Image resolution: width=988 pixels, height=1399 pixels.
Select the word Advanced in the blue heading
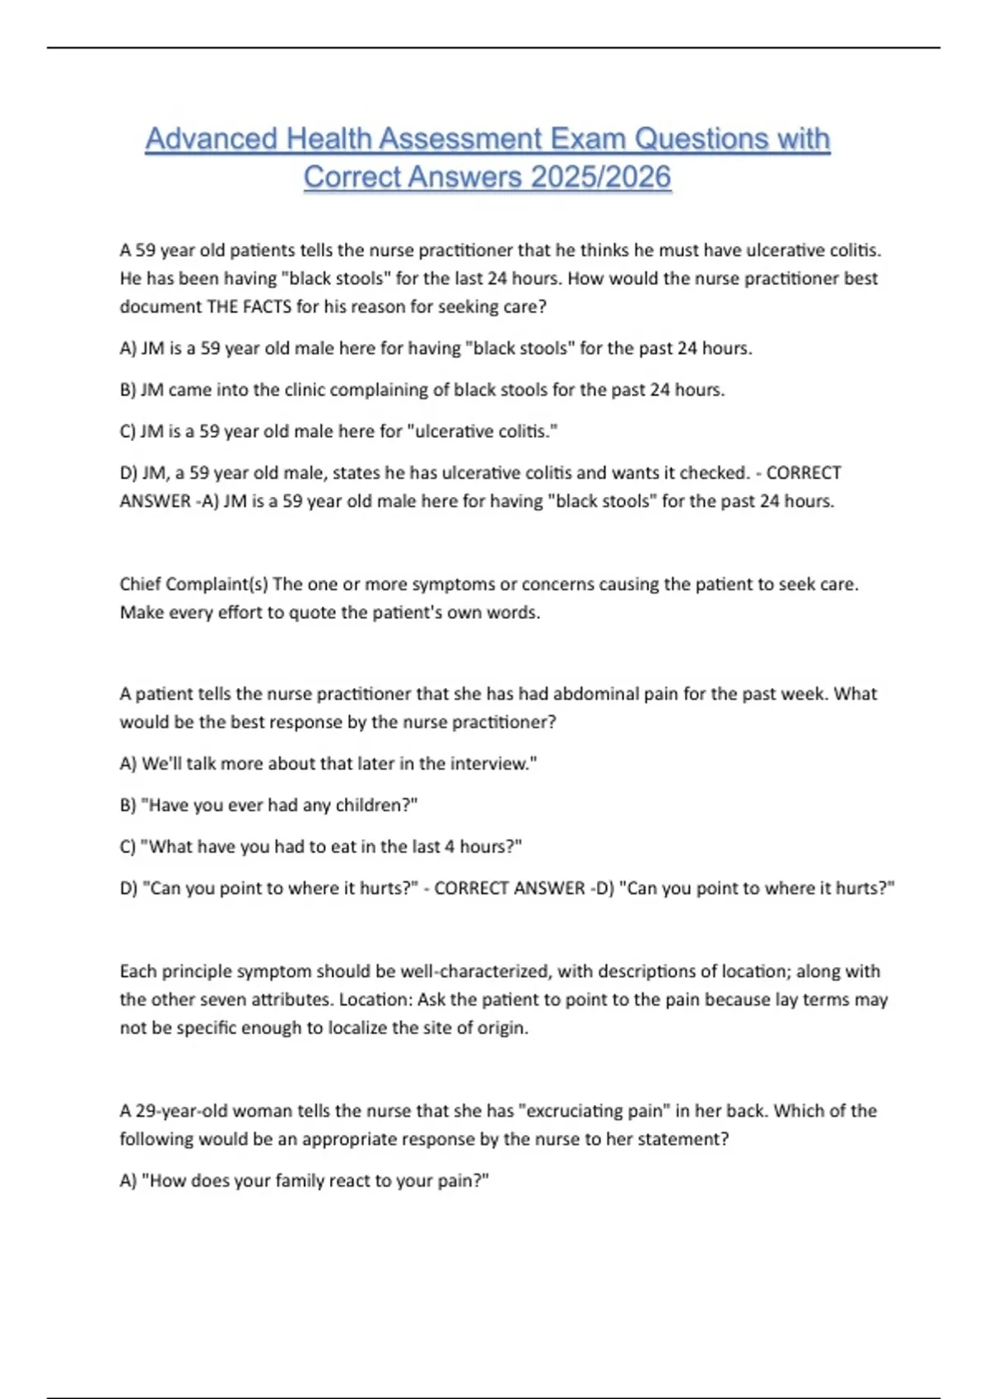pyautogui.click(x=211, y=138)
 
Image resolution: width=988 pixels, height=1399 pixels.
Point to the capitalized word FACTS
pyautogui.click(x=267, y=306)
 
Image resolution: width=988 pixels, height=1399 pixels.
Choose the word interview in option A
pyautogui.click(x=490, y=764)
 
